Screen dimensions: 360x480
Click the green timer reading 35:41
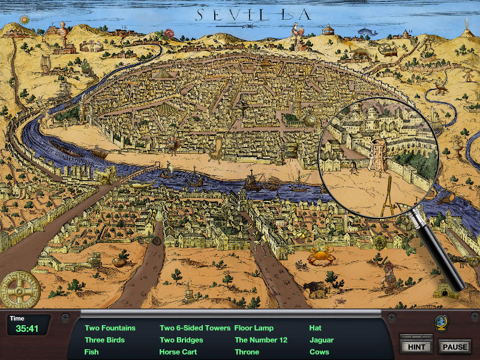tap(28, 328)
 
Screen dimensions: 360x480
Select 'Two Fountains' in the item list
tap(110, 328)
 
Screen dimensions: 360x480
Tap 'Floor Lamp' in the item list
tap(254, 328)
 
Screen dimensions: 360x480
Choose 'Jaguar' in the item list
tap(322, 340)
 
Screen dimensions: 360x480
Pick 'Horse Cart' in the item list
tap(178, 352)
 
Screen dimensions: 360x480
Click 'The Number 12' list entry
tap(261, 340)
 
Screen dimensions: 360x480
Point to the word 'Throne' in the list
tap(247, 352)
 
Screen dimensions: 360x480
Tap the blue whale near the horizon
tap(365, 32)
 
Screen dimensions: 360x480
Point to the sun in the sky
tap(24, 20)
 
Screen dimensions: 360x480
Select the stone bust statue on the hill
tap(61, 31)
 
